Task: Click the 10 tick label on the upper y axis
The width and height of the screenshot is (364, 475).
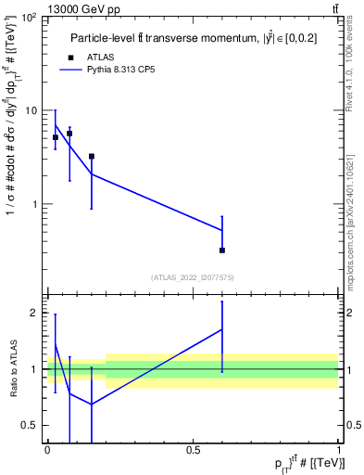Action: click(x=31, y=110)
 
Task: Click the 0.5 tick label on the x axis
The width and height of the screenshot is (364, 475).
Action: click(x=193, y=450)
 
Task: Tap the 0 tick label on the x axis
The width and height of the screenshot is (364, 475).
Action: click(x=47, y=450)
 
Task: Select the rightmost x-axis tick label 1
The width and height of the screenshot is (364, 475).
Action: click(x=339, y=450)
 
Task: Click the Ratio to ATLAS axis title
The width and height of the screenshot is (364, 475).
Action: click(x=13, y=369)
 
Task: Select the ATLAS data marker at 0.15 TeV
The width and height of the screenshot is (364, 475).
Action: click(x=92, y=157)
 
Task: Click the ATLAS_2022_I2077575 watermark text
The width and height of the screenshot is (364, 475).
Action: click(x=193, y=276)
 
